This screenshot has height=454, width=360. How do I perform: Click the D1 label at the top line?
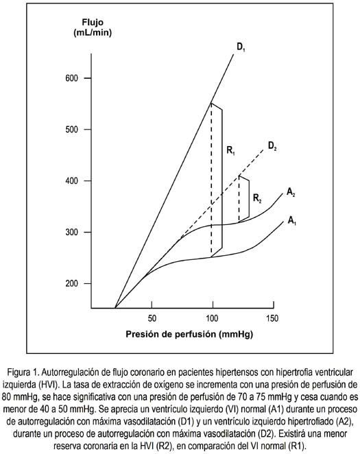[241, 47]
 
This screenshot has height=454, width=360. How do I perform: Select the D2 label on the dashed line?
[272, 146]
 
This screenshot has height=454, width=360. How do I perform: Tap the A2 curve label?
[291, 192]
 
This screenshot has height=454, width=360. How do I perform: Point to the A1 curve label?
[291, 221]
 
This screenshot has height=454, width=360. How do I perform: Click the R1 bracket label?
[230, 150]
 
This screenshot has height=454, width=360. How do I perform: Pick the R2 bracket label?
[257, 198]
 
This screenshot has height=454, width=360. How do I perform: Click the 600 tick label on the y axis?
[72, 78]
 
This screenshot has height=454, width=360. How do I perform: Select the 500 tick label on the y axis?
[72, 130]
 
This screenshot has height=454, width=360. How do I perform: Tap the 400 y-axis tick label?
[72, 181]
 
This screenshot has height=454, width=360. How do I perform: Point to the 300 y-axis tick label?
[72, 232]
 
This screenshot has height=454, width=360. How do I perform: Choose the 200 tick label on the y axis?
[72, 283]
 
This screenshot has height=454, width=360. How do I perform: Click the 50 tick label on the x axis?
[152, 318]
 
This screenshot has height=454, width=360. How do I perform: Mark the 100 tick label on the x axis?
[212, 318]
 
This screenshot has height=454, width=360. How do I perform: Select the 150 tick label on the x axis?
[272, 318]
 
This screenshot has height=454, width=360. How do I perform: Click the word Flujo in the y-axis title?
[93, 23]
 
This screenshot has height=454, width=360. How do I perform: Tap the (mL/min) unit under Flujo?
[93, 33]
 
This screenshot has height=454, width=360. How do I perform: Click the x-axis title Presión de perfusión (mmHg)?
[189, 335]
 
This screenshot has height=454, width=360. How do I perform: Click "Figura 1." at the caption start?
[23, 372]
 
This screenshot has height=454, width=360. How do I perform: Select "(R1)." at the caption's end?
[297, 446]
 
